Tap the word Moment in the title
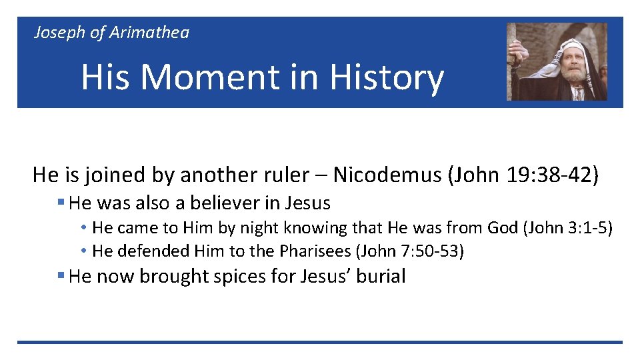click(x=211, y=77)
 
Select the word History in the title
click(x=386, y=77)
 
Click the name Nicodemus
click(x=387, y=175)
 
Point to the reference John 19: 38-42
click(x=524, y=175)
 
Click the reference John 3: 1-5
click(x=567, y=228)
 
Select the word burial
click(x=381, y=277)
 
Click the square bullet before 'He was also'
click(x=61, y=202)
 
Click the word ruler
click(x=289, y=175)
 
